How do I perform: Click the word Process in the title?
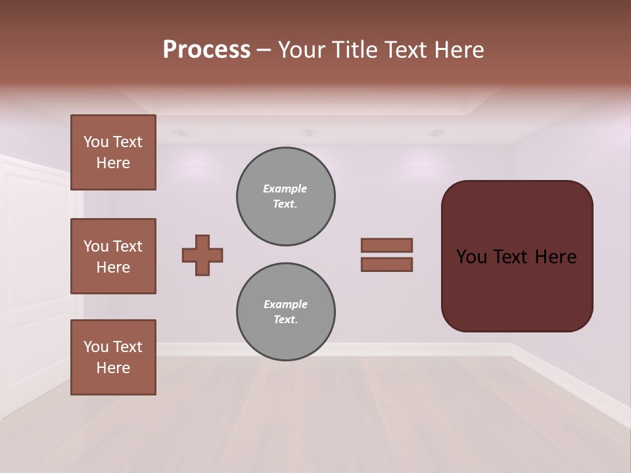[x=206, y=50]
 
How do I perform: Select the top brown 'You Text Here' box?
[x=113, y=152]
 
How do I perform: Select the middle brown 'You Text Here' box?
[x=113, y=256]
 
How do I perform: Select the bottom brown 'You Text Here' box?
[x=113, y=357]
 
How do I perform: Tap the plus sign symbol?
[x=202, y=255]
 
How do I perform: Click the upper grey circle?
[x=285, y=196]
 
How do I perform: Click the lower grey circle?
[x=285, y=312]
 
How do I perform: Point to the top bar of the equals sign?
[x=386, y=245]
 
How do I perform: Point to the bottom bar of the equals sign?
[x=386, y=265]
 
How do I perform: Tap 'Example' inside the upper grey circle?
[x=285, y=189]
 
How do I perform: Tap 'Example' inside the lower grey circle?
[x=285, y=304]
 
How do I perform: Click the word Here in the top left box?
[x=113, y=163]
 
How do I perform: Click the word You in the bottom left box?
[x=96, y=347]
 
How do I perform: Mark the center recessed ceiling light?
[x=308, y=133]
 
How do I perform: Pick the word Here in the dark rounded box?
[x=556, y=257]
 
